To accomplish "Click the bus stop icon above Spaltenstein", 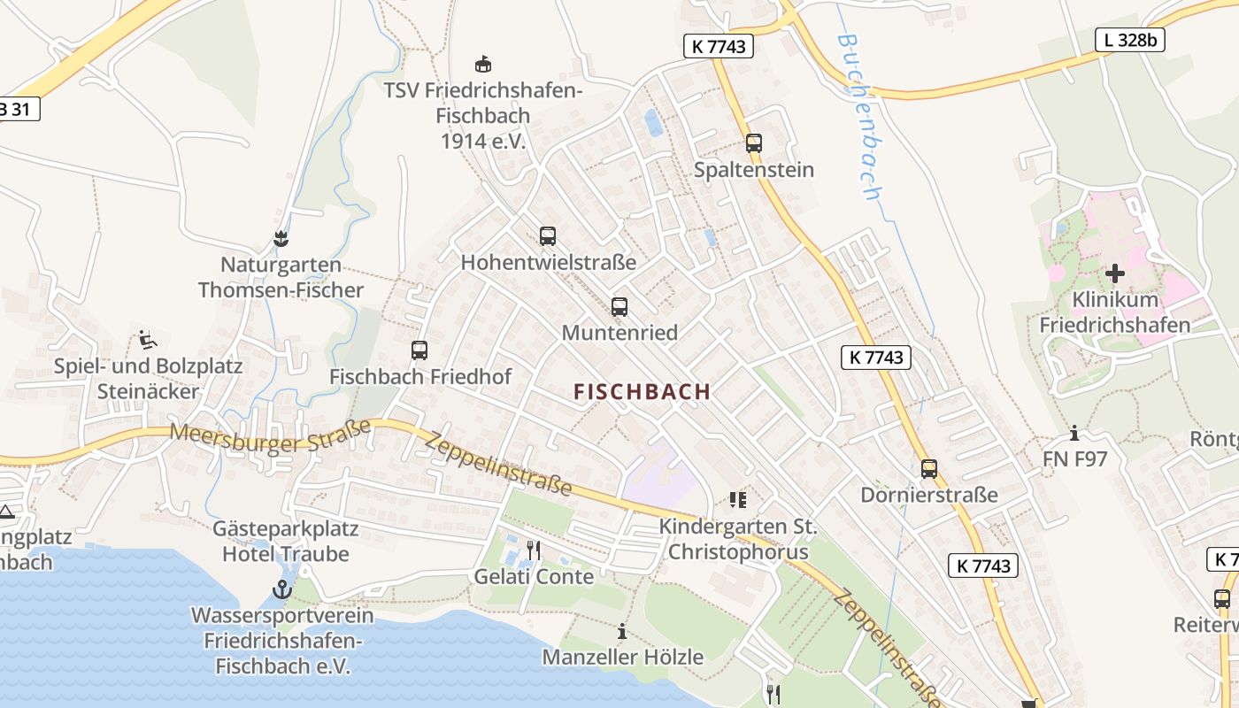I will (754, 142).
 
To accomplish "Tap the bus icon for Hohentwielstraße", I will (548, 236).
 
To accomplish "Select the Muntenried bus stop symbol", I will (619, 307).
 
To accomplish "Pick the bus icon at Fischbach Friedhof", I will (419, 350).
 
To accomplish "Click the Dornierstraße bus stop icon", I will (929, 469).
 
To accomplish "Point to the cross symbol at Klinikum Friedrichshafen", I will (1114, 273).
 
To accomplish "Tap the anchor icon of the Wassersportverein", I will (282, 589).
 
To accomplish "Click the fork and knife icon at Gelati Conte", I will (534, 550).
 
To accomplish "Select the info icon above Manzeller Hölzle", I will (622, 632).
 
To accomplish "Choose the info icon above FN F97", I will (1074, 433).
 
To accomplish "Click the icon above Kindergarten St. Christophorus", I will (738, 500).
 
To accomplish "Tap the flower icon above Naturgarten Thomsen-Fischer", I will (281, 238).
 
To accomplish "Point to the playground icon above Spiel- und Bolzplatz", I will (148, 339).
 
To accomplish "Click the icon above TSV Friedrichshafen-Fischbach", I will (482, 64).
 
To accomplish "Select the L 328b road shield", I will (1130, 40).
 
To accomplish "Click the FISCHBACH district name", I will (642, 391).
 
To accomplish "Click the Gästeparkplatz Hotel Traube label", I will (286, 542).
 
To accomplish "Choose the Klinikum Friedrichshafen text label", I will (1114, 312).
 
